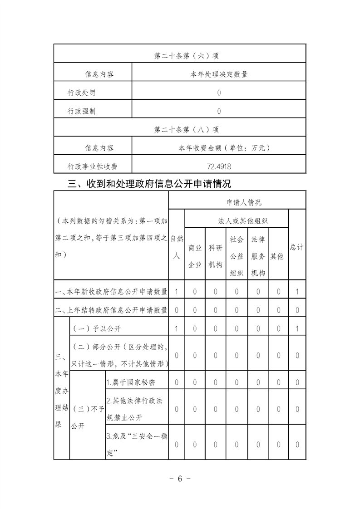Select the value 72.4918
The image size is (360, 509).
pyautogui.click(x=218, y=166)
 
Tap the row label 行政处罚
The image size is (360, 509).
pyautogui.click(x=82, y=93)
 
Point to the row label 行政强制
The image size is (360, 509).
pyautogui.click(x=82, y=111)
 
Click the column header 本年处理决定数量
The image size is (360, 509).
pyautogui.click(x=218, y=74)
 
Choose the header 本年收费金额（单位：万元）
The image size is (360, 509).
pyautogui.click(x=218, y=148)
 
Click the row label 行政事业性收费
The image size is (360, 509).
pyautogui.click(x=93, y=166)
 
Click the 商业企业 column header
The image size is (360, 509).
pyautogui.click(x=195, y=256)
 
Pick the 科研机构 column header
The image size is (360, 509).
pyautogui.click(x=215, y=256)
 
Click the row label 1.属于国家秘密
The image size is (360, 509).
pyautogui.click(x=131, y=382)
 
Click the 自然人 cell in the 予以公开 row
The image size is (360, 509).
pyautogui.click(x=177, y=328)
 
